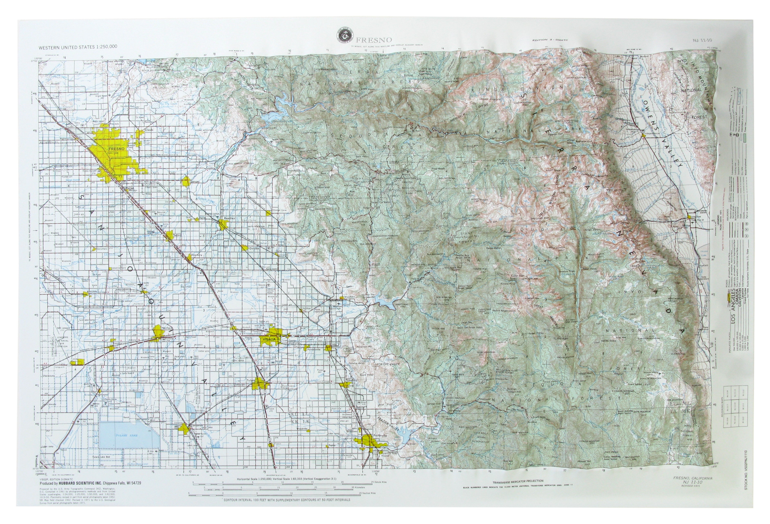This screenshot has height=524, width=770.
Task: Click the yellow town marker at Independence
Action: (644, 135)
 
